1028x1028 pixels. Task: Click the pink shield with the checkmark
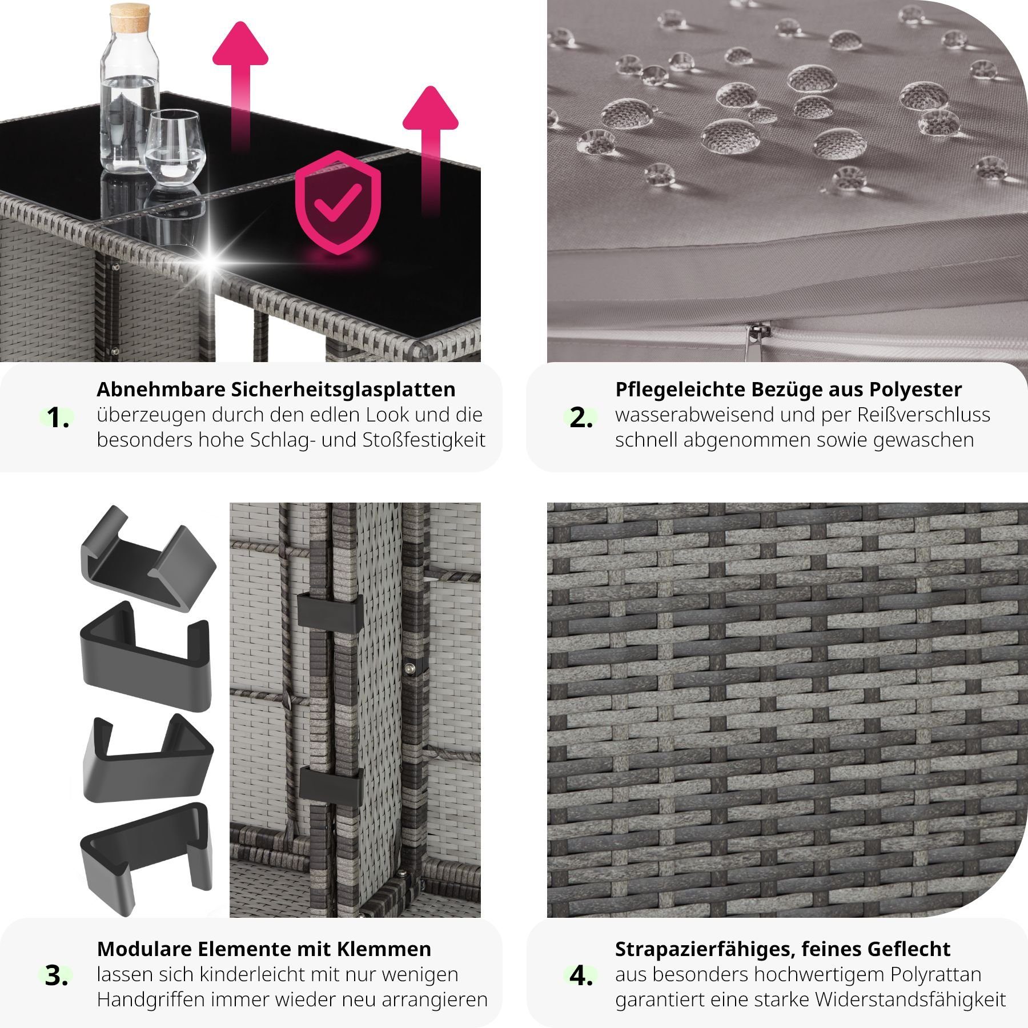(x=338, y=202)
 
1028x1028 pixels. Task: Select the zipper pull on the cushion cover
(x=755, y=336)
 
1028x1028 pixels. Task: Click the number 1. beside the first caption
(x=58, y=418)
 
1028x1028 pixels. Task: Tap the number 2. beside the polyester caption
(x=581, y=418)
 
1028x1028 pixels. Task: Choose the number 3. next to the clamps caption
(x=57, y=975)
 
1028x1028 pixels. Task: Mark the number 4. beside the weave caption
(x=581, y=975)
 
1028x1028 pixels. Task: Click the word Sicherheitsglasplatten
(x=343, y=389)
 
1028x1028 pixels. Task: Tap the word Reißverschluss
(x=924, y=415)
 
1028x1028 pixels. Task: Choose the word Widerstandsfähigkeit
(x=911, y=999)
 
